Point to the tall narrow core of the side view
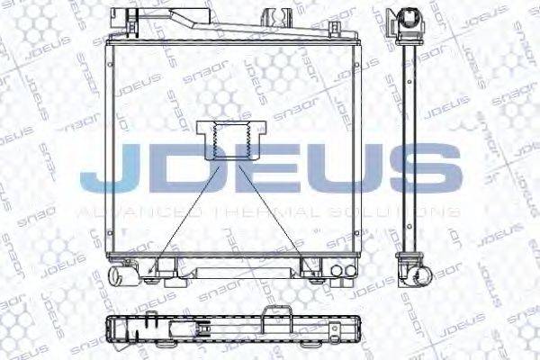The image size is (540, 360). tap(412, 144)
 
